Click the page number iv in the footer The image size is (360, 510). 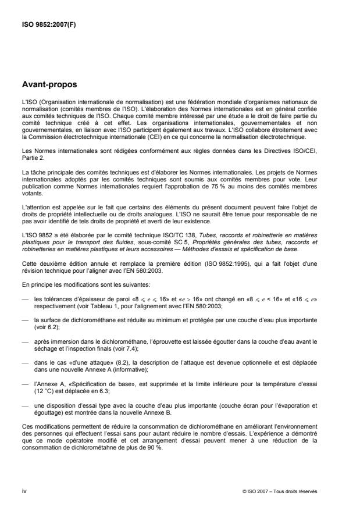(24, 491)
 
